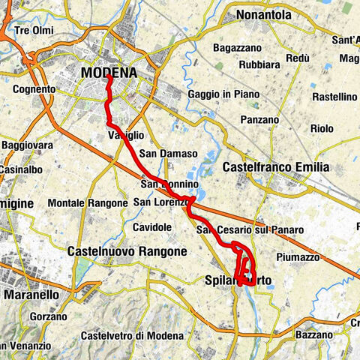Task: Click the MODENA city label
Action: coord(109,73)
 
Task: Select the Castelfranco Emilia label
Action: coord(276,166)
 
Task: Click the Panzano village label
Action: coord(261,119)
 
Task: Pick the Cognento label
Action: coord(35,89)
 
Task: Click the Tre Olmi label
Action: coord(34,31)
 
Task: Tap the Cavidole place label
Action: coord(152,226)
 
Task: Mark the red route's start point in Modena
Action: coord(109,76)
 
